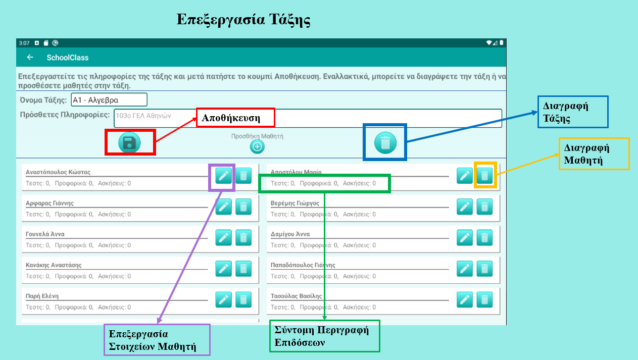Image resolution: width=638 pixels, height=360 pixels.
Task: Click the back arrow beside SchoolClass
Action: [30, 58]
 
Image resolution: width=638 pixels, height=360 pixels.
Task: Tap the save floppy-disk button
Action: [129, 142]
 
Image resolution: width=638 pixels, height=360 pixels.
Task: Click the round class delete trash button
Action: [385, 142]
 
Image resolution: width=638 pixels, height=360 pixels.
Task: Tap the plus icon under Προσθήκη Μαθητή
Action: [257, 146]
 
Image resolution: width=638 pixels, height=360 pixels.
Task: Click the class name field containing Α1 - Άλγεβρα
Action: [109, 100]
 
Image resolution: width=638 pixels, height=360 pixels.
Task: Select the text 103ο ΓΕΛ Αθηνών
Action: [143, 116]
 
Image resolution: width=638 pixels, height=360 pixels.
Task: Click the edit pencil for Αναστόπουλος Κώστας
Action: [223, 176]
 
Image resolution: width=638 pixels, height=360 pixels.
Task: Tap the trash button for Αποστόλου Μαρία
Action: [484, 176]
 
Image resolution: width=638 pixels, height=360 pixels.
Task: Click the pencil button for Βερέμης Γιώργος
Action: [465, 207]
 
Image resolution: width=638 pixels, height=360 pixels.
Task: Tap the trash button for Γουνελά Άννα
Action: [243, 238]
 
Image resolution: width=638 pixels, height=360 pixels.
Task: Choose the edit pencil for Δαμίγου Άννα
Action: [465, 238]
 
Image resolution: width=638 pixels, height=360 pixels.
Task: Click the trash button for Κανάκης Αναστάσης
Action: [243, 269]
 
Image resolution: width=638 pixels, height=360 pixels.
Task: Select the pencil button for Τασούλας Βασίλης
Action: [465, 300]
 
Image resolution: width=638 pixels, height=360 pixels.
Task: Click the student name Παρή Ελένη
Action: [42, 296]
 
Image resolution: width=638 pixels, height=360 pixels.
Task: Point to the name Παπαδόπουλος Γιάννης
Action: [303, 265]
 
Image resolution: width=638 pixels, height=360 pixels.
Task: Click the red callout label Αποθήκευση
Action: [235, 118]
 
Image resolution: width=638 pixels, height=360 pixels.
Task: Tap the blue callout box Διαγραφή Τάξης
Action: [573, 112]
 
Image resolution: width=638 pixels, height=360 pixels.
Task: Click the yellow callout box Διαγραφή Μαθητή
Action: [594, 153]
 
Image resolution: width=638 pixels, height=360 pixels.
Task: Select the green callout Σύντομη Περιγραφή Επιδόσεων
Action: [325, 336]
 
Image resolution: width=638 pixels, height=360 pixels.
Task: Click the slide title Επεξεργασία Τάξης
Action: [243, 20]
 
